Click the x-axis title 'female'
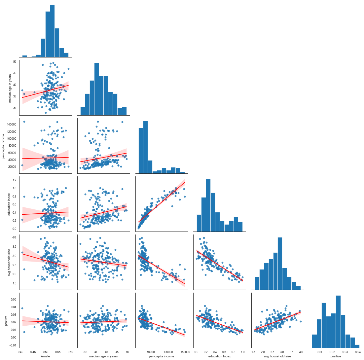(45, 356)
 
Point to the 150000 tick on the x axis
(183, 352)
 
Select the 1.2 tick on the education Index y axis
(14, 180)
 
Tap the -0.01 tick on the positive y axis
(13, 345)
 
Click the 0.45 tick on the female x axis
(33, 352)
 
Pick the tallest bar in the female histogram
(52, 31)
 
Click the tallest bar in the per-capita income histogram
(145, 147)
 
